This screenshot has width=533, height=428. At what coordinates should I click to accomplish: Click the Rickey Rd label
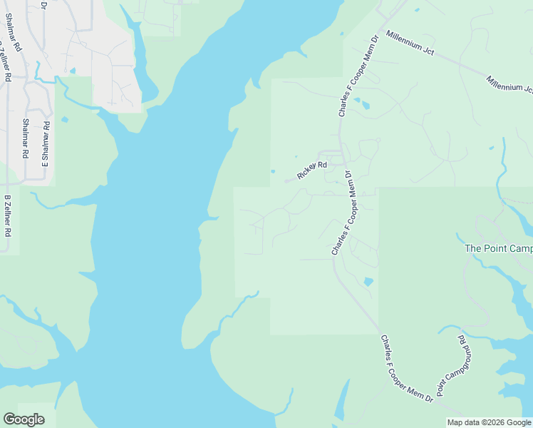coord(312,170)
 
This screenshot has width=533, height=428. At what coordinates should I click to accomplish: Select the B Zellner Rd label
coord(8,215)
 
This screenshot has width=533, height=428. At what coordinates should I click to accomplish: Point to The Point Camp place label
coord(498,248)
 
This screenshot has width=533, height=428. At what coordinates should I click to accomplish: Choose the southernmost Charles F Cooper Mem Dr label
coord(407,369)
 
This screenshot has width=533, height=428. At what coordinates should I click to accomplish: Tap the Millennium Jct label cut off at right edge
coord(509,83)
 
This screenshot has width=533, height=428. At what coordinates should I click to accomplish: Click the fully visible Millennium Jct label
coord(410,43)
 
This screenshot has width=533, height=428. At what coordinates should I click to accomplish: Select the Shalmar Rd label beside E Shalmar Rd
coord(26,138)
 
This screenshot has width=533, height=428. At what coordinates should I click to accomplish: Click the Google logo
coord(24,419)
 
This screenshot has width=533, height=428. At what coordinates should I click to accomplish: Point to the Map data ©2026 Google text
coord(490,423)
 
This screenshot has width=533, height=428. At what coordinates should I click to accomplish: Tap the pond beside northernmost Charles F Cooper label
coord(366,106)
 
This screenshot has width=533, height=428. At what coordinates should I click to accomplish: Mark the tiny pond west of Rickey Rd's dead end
coord(272,171)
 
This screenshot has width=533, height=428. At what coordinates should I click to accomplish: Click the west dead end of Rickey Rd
coord(286,180)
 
